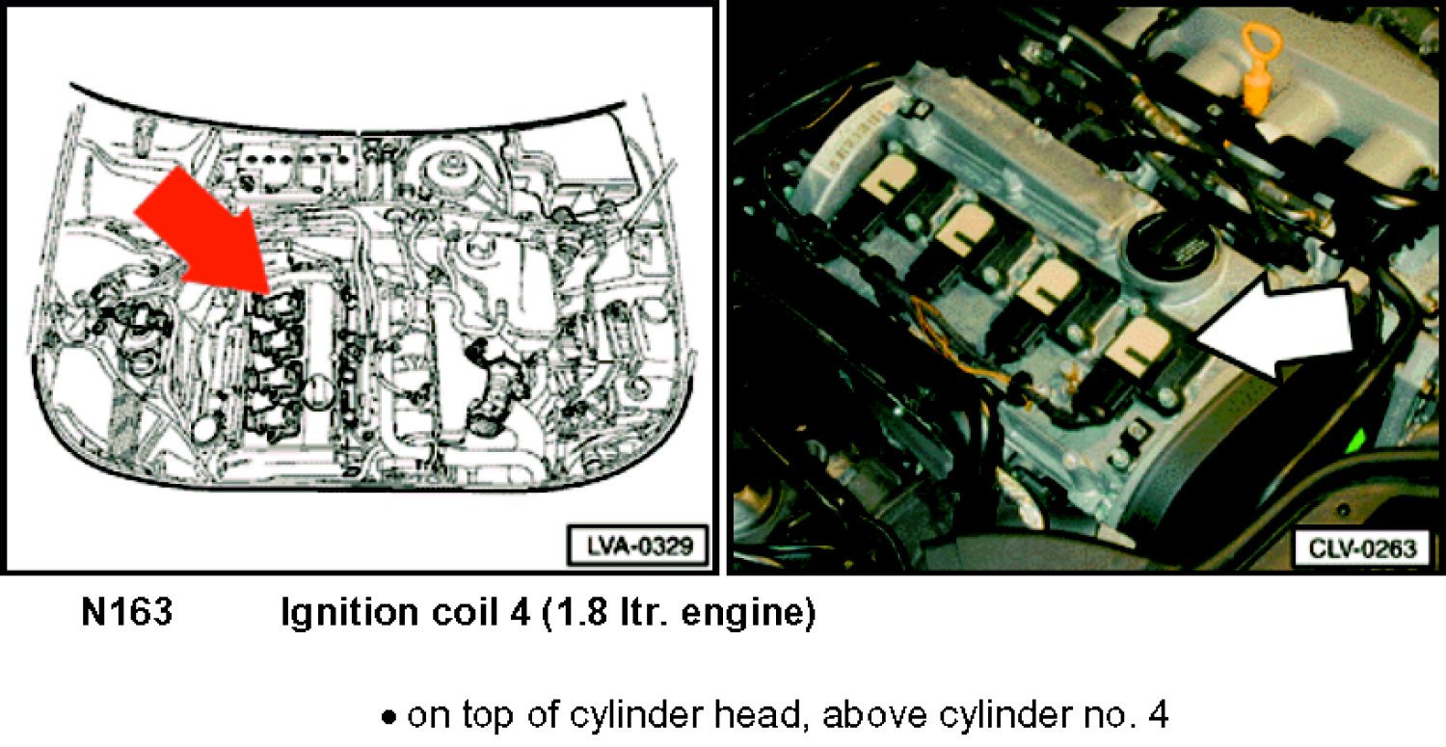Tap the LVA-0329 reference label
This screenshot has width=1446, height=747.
638,547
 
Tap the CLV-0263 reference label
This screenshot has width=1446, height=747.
1361,548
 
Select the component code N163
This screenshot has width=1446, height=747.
127,611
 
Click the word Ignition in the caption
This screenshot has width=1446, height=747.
349,613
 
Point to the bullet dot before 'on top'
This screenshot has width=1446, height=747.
388,717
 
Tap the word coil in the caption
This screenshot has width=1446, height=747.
465,611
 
